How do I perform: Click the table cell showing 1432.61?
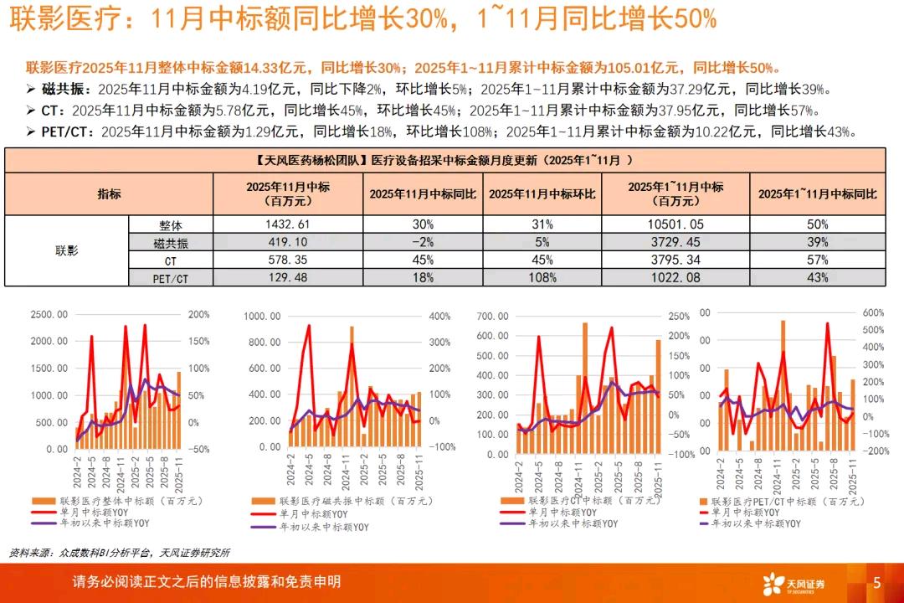pos(287,224)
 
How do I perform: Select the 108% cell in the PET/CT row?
pos(542,277)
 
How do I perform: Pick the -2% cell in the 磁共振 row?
pos(423,242)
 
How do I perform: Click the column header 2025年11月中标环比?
pos(542,193)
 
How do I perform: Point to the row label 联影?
pos(66,250)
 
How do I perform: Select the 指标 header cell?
pos(109,193)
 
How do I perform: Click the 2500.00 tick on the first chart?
pos(49,314)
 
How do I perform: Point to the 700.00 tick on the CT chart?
pos(491,316)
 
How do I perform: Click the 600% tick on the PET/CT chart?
pos(872,312)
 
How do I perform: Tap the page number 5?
pos(876,582)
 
